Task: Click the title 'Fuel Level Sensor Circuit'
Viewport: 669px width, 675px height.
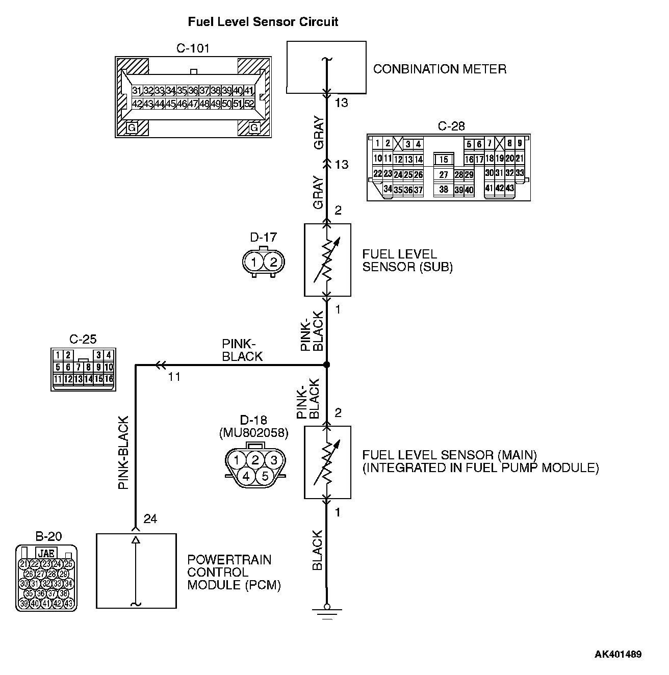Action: (263, 22)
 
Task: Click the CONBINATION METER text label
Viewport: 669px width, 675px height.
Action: (440, 69)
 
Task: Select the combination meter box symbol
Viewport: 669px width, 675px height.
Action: (326, 67)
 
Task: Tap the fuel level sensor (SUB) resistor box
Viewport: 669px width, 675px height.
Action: (327, 259)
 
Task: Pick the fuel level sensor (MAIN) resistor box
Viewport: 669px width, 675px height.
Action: (327, 462)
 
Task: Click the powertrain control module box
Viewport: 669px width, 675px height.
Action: (136, 570)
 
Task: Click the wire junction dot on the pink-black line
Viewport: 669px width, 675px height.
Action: (326, 365)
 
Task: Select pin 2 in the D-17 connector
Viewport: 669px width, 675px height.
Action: (273, 262)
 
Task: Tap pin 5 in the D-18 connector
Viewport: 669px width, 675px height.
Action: (265, 477)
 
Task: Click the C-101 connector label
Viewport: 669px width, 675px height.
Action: (193, 48)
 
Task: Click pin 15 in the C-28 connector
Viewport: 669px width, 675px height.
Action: (444, 160)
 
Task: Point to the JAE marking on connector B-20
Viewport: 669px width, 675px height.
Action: (46, 553)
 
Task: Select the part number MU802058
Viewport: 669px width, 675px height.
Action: (253, 433)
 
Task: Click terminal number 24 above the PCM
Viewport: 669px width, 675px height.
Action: (150, 519)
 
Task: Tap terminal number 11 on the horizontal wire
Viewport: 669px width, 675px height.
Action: (174, 377)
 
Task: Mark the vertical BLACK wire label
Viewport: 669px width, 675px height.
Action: (317, 550)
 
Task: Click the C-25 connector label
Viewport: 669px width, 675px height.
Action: (83, 339)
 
